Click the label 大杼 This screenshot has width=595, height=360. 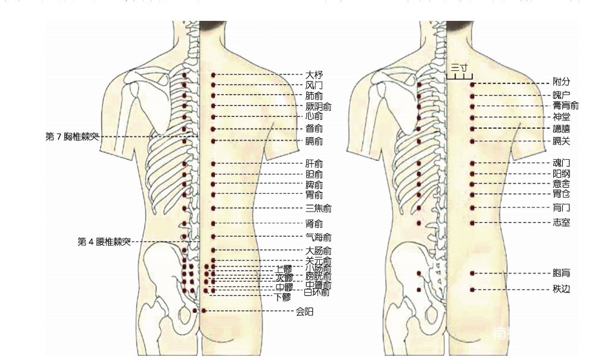(x=314, y=75)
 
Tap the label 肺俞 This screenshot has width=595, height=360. (x=314, y=96)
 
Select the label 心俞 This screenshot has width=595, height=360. (x=314, y=116)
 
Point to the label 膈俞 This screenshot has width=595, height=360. (x=314, y=141)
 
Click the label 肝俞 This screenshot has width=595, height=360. (x=314, y=163)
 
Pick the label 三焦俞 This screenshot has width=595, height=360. (x=318, y=208)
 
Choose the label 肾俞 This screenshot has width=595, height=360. (x=314, y=224)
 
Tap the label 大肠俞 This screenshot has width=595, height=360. (x=318, y=250)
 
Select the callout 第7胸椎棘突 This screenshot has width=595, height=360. (x=72, y=136)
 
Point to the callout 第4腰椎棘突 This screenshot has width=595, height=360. (x=104, y=242)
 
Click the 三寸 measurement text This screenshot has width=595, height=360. (x=459, y=67)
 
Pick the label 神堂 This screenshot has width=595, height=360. (x=561, y=117)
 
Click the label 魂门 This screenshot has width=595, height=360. (x=561, y=163)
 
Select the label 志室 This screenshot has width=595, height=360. (x=561, y=222)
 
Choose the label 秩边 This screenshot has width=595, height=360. (x=561, y=290)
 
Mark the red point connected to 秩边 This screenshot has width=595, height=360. (x=472, y=290)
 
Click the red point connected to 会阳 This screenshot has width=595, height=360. (x=204, y=311)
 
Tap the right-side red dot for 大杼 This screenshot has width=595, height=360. (x=213, y=75)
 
